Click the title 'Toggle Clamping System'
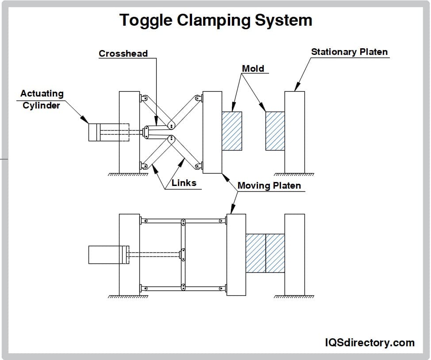(x=215, y=20)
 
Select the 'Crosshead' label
(x=123, y=54)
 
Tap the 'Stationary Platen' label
(x=349, y=52)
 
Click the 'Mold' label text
(x=253, y=69)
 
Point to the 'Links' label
(x=184, y=183)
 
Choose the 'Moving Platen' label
(x=269, y=186)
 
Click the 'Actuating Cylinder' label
(x=42, y=100)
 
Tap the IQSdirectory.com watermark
(x=369, y=342)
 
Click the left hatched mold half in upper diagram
(x=231, y=131)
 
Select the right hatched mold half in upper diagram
(x=275, y=131)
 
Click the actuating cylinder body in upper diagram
(x=95, y=132)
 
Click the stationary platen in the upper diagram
(x=294, y=132)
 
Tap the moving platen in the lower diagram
(x=236, y=255)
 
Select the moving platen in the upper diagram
(x=212, y=132)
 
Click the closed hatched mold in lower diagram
(x=265, y=253)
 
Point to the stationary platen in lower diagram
(x=294, y=255)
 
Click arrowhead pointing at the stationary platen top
(x=296, y=88)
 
